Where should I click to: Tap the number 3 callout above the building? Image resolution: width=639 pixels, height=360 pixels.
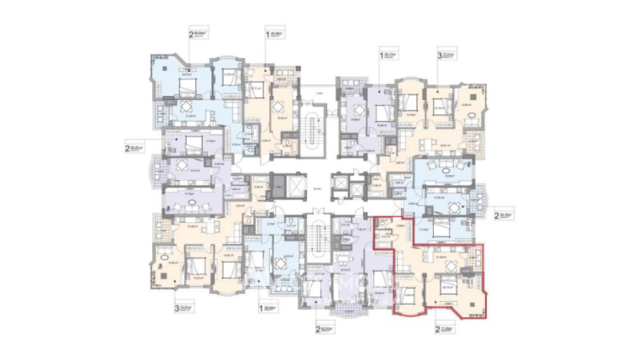[439, 55]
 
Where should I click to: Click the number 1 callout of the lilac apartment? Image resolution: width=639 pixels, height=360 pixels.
[381, 56]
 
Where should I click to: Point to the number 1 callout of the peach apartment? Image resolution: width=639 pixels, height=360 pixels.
[268, 35]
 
